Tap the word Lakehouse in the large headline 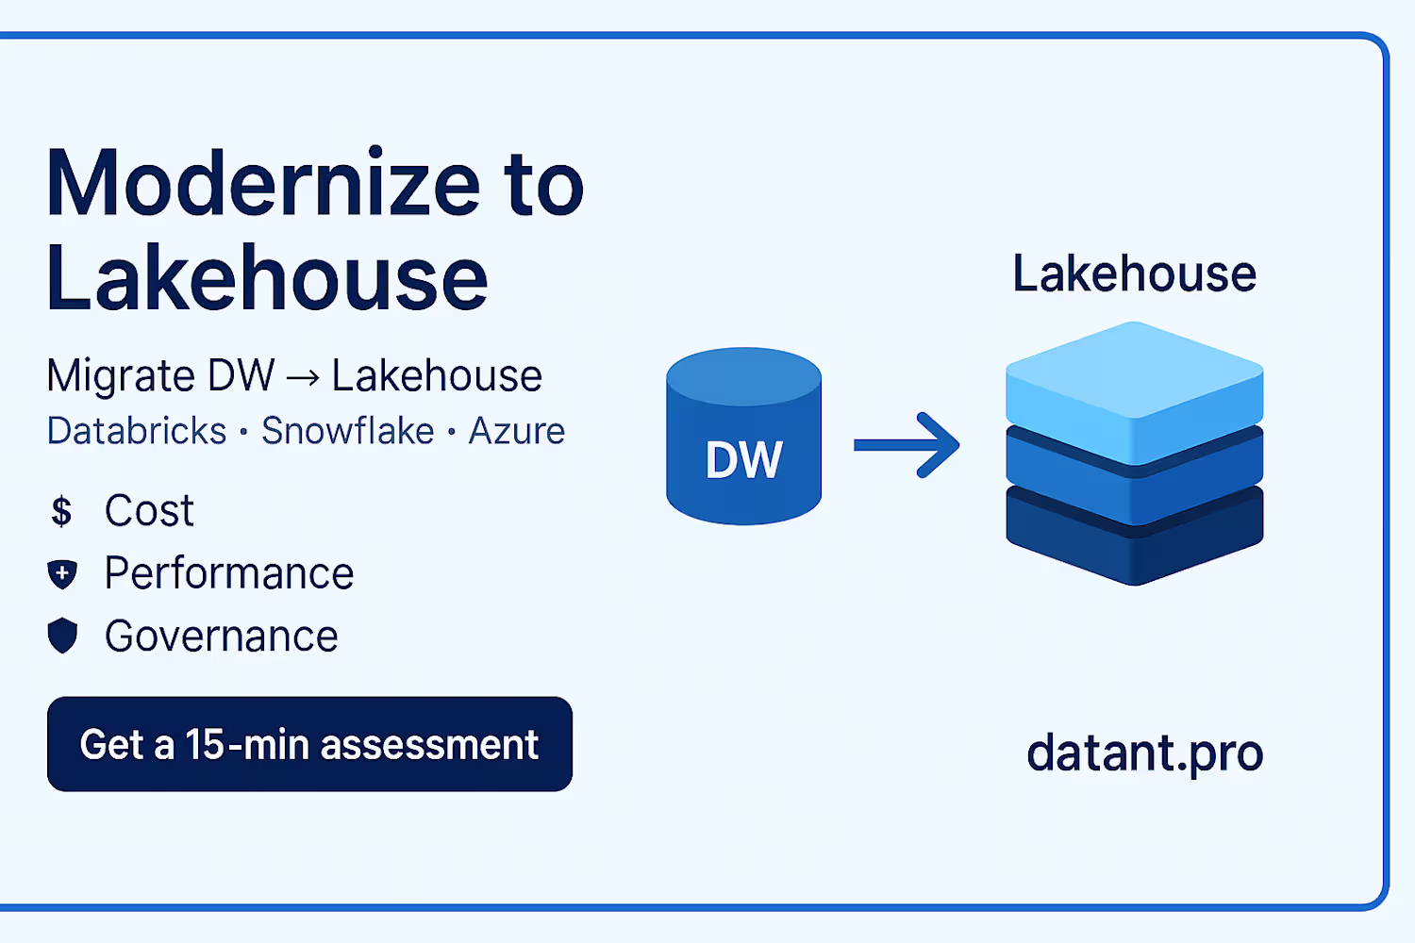pyautogui.click(x=267, y=278)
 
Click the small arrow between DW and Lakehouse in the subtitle pyautogui.click(x=303, y=378)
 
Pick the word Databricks pyautogui.click(x=137, y=431)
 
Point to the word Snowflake pyautogui.click(x=347, y=431)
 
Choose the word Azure pyautogui.click(x=516, y=431)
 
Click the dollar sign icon pyautogui.click(x=61, y=511)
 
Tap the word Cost pyautogui.click(x=149, y=511)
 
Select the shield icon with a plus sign pyautogui.click(x=62, y=573)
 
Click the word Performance pyautogui.click(x=229, y=573)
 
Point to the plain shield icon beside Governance pyautogui.click(x=62, y=636)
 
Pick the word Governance pyautogui.click(x=222, y=637)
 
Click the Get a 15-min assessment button pyautogui.click(x=309, y=744)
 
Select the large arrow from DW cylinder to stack pyautogui.click(x=906, y=445)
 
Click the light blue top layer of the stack pyautogui.click(x=1134, y=382)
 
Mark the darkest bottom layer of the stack pyautogui.click(x=1134, y=542)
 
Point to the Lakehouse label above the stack pyautogui.click(x=1134, y=274)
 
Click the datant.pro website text pyautogui.click(x=1144, y=753)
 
